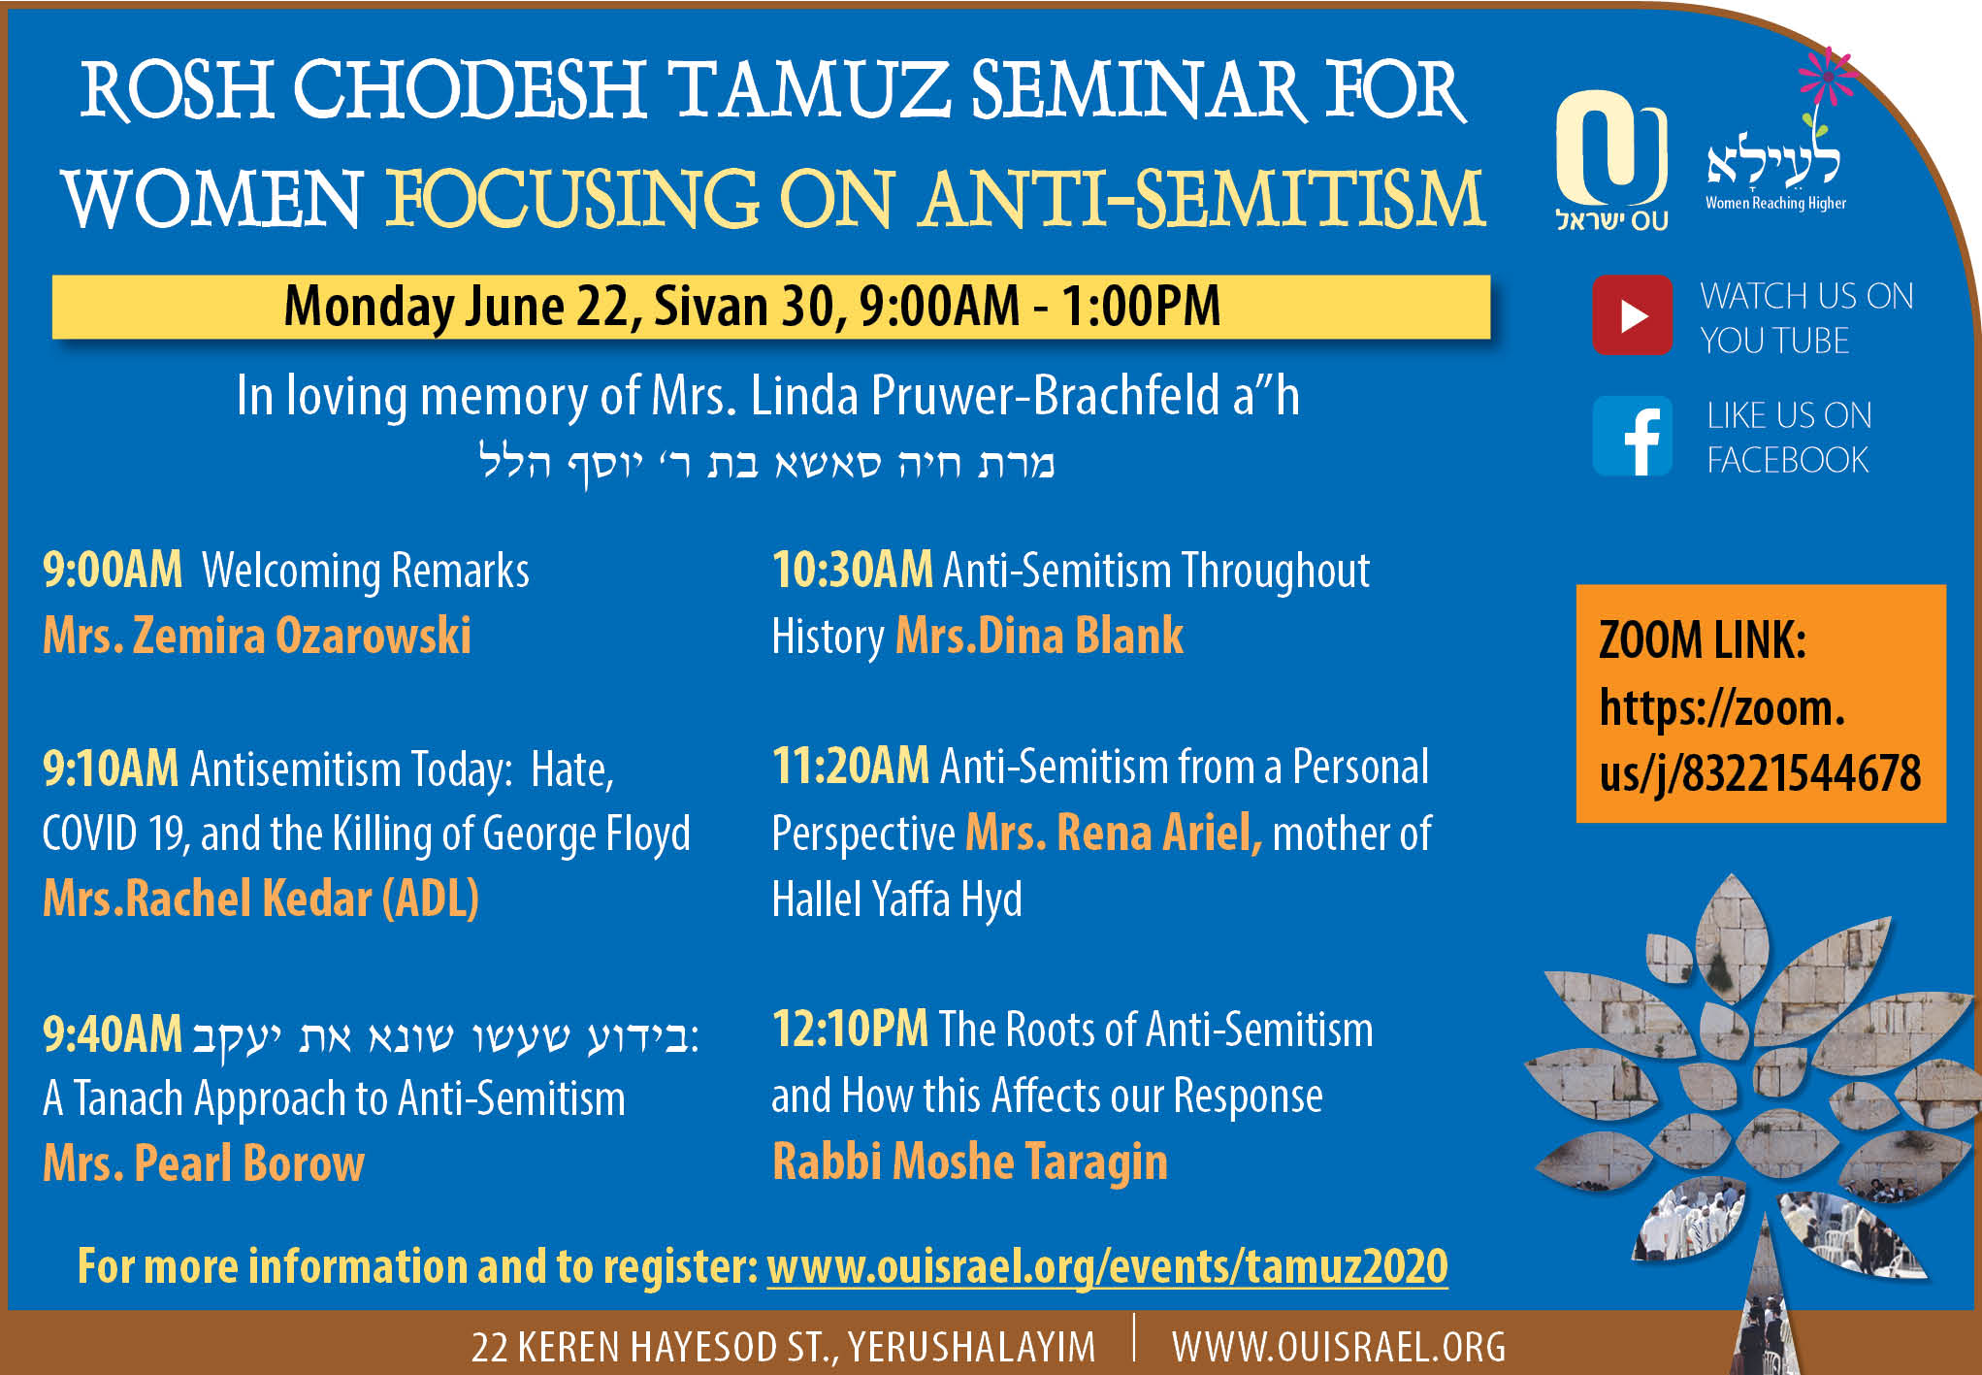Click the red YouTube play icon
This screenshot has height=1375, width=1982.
tap(1632, 315)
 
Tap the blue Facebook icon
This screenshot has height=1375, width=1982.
tap(1633, 436)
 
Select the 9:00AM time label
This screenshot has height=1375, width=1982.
tap(113, 569)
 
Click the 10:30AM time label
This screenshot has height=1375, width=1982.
tap(853, 569)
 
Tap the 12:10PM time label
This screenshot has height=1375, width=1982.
tap(850, 1029)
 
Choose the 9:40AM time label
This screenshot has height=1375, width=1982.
tap(113, 1034)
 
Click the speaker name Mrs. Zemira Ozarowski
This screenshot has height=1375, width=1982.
tap(257, 636)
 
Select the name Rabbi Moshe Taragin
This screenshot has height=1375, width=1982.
tap(969, 1162)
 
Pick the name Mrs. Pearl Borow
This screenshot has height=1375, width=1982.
tap(204, 1162)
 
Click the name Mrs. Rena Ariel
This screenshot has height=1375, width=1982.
tap(1114, 833)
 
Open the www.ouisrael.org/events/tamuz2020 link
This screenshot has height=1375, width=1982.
tap(1107, 1266)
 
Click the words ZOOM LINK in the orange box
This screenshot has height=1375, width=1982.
tap(1703, 640)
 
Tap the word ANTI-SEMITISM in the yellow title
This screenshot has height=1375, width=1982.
tap(1203, 199)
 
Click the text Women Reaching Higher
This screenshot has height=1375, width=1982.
tap(1775, 203)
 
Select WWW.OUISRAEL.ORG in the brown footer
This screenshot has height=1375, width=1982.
tap(1339, 1347)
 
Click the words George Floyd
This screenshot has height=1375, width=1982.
tap(586, 835)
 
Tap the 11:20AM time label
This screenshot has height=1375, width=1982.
tap(851, 767)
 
